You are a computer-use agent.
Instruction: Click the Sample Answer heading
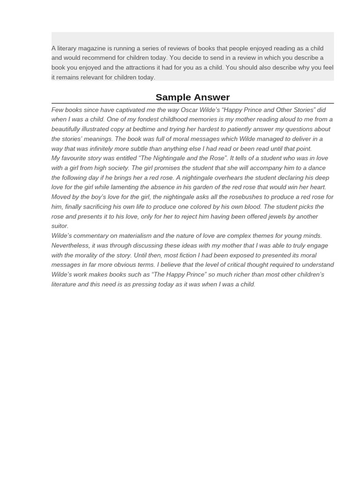pyautogui.click(x=193, y=97)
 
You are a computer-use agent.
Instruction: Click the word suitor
pyautogui.click(x=59, y=226)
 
